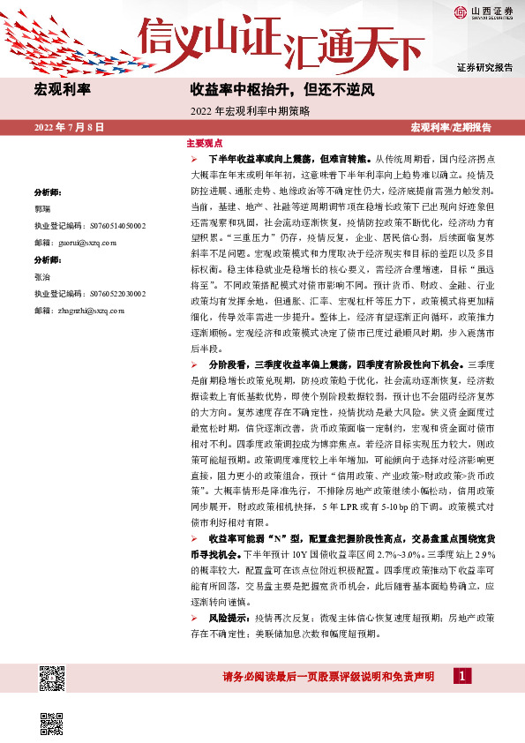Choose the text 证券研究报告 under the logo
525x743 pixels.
484,67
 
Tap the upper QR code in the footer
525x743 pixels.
53,678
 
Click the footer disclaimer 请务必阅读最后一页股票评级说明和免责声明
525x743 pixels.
332,677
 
